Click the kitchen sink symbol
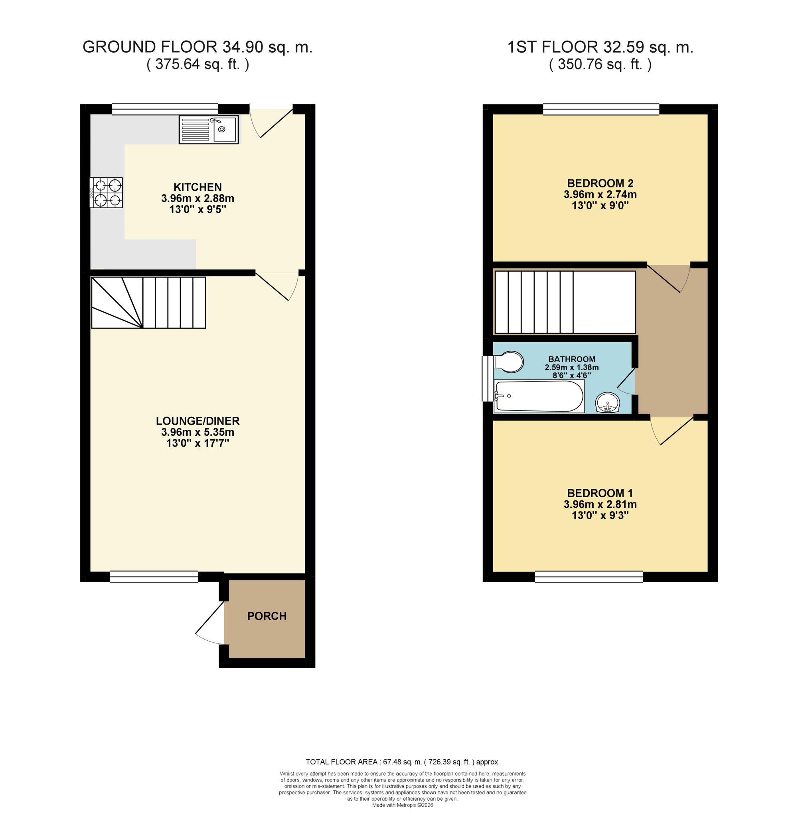(x=208, y=130)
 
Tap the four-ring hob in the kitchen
(x=106, y=193)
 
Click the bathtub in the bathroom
(x=539, y=396)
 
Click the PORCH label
(x=267, y=616)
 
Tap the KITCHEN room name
(x=198, y=187)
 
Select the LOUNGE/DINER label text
(x=198, y=421)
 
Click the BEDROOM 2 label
(x=600, y=183)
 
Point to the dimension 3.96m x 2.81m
(x=600, y=504)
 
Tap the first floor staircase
(x=565, y=302)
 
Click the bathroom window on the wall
(x=488, y=379)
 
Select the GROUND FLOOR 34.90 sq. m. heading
(x=198, y=47)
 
